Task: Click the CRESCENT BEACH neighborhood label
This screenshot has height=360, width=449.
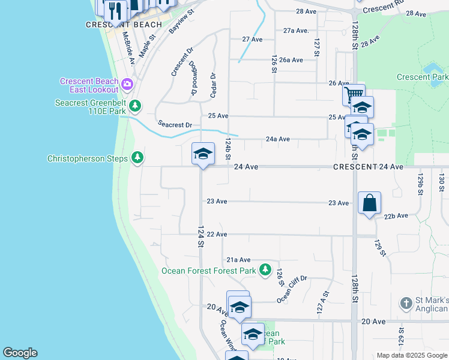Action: [x=124, y=25]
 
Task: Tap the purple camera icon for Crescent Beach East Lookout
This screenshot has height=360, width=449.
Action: [x=127, y=83]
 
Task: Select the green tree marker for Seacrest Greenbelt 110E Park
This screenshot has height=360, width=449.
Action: [x=136, y=106]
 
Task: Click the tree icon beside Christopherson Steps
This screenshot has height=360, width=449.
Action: [x=138, y=157]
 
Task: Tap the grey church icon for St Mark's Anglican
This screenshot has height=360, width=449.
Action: [x=406, y=303]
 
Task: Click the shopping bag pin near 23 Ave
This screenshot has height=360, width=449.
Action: [x=369, y=203]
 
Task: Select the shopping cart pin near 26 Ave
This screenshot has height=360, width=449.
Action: [x=354, y=94]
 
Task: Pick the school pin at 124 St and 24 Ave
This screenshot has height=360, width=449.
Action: [x=203, y=154]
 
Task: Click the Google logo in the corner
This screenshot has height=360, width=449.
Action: [x=20, y=353]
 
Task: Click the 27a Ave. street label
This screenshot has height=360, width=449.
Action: [x=296, y=30]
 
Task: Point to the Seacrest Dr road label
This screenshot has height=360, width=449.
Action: [x=175, y=124]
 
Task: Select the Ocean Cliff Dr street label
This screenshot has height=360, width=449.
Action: [x=292, y=288]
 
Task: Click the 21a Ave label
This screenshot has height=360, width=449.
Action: [x=238, y=260]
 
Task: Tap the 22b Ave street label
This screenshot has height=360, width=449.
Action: [x=396, y=215]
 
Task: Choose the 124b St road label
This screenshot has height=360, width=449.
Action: [x=228, y=149]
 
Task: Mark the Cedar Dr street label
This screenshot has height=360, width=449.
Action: [x=212, y=85]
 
